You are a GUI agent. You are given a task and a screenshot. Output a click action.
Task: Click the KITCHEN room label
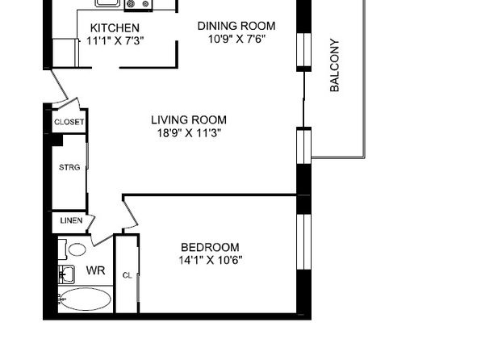[x=115, y=28]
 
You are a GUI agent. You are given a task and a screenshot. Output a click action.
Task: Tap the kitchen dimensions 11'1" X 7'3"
[x=115, y=40]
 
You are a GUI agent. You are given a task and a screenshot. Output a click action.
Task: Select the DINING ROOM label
[x=236, y=26]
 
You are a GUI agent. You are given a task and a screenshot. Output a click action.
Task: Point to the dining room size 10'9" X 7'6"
[x=236, y=39]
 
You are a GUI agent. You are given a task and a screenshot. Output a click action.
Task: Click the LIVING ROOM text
[x=189, y=119]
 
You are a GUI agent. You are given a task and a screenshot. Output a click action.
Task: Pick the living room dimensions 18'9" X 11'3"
[x=189, y=133]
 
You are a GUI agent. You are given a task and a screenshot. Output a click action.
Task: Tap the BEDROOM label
[x=210, y=247]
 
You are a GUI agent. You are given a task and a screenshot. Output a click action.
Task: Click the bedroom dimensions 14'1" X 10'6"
[x=210, y=260]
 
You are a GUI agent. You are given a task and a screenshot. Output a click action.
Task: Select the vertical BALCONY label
[x=335, y=65]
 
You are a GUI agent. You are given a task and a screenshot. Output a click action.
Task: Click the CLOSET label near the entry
[x=69, y=122]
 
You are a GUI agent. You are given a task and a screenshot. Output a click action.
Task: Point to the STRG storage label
[x=69, y=167]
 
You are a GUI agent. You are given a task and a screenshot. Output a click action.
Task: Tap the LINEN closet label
[x=71, y=220]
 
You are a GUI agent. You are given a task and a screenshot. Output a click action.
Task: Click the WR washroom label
[x=96, y=270]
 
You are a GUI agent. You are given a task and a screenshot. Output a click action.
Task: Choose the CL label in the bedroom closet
[x=127, y=275]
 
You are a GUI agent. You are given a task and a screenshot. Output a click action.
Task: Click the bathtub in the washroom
[x=85, y=299]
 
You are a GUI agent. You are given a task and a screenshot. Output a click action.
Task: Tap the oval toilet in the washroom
[x=77, y=249]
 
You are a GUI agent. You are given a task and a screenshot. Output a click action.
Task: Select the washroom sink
[x=66, y=274]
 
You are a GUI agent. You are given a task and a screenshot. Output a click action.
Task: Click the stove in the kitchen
[x=138, y=4]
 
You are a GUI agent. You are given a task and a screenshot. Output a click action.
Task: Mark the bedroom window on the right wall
[x=303, y=241]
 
